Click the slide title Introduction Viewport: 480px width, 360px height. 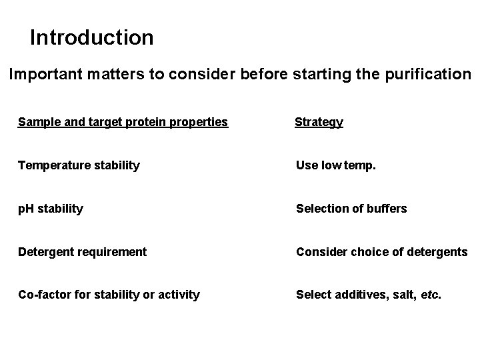coord(92,37)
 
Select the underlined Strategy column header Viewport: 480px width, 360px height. coord(319,122)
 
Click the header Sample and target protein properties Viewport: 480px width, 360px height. coord(123,122)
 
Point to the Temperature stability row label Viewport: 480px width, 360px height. coord(79,165)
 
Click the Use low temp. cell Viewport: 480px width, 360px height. coord(336,165)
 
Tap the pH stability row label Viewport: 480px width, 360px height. coord(51,209)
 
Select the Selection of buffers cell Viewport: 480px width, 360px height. coord(351,209)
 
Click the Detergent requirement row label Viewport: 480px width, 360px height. coord(82,251)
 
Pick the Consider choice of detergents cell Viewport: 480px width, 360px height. coord(382,251)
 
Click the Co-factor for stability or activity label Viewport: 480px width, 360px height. coord(109,295)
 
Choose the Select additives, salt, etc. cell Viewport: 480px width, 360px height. coord(369,295)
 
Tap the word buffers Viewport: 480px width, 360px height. coord(386,209)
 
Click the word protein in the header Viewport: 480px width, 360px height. coord(133,122)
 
